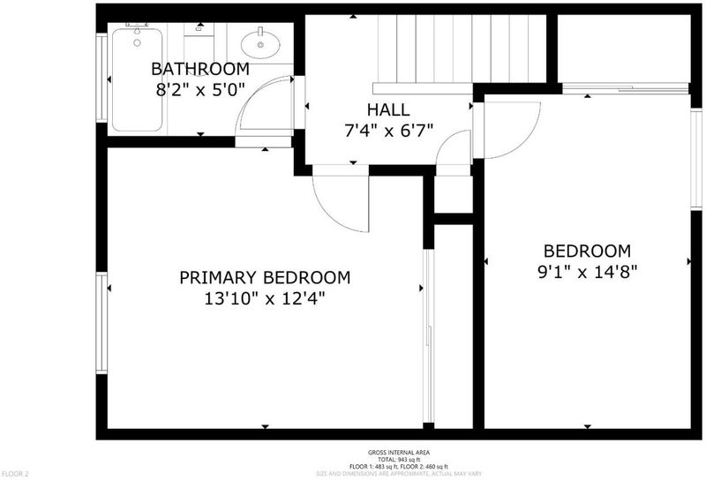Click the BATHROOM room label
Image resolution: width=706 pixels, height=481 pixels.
(200, 69)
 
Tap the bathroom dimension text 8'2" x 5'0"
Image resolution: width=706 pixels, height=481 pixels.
(200, 91)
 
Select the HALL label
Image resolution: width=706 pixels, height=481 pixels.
(388, 109)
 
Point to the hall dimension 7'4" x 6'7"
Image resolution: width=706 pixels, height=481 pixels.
(388, 131)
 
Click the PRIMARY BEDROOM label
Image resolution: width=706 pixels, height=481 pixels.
(265, 277)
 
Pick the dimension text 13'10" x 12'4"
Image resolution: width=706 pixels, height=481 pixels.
(265, 298)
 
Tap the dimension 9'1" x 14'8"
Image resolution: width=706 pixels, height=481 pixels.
(588, 272)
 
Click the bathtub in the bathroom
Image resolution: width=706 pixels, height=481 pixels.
(137, 79)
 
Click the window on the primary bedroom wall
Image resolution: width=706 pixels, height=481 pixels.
(102, 323)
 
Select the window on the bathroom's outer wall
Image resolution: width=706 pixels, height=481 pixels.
(101, 79)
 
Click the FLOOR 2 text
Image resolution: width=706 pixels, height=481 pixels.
(15, 474)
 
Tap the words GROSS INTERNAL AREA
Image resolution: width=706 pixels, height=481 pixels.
(399, 453)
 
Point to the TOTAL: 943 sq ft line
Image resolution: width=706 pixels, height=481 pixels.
(399, 460)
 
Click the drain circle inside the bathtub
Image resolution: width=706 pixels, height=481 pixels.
(137, 42)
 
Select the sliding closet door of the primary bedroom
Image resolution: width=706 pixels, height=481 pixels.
(429, 336)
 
